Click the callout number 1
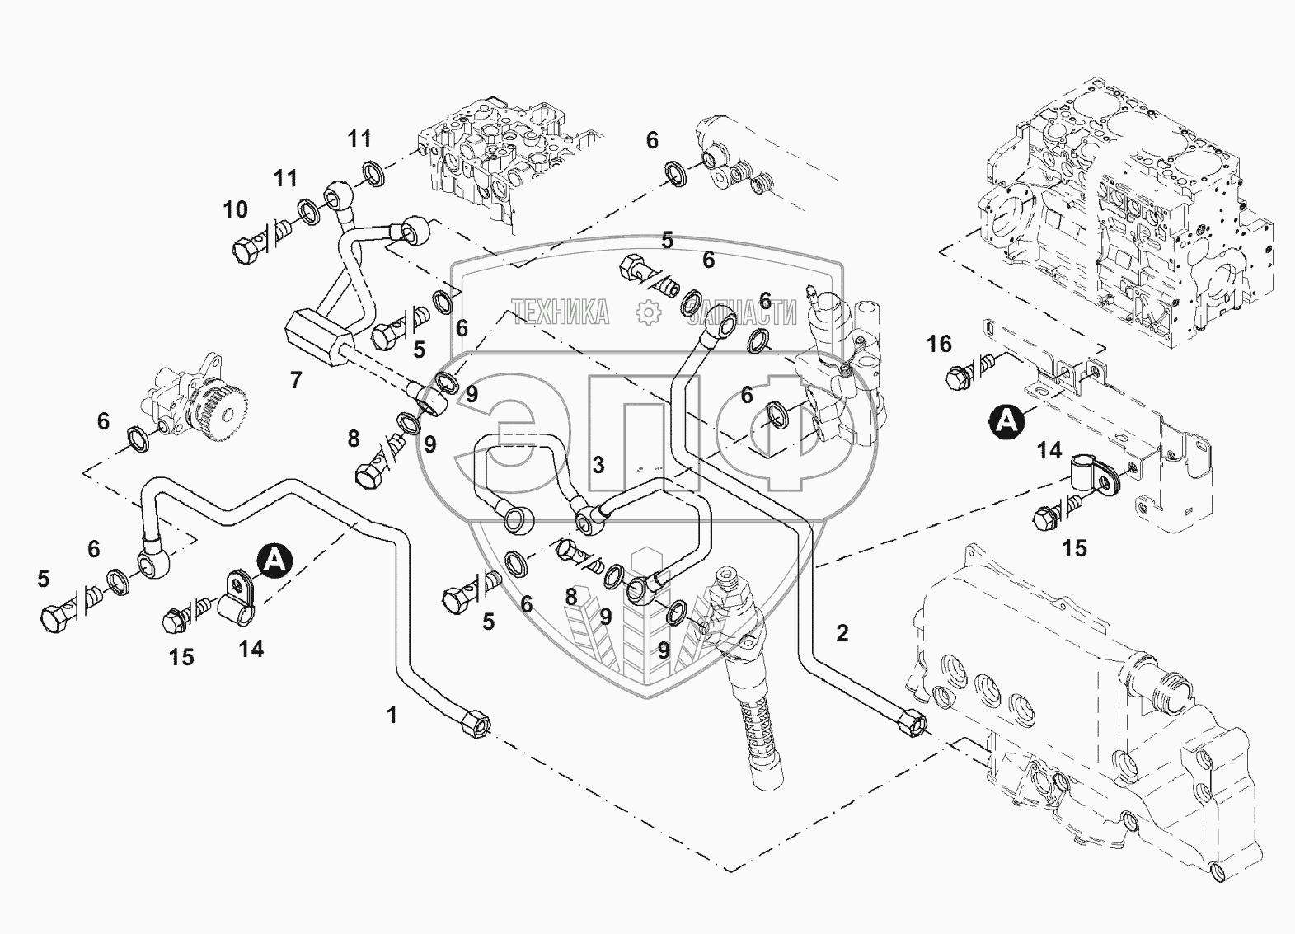point(392,715)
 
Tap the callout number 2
point(842,633)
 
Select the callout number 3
point(598,465)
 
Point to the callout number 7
point(296,380)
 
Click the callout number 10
point(236,209)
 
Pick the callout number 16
point(939,343)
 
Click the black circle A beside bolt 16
point(1006,420)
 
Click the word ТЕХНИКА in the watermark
point(561,312)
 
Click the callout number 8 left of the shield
point(354,439)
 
